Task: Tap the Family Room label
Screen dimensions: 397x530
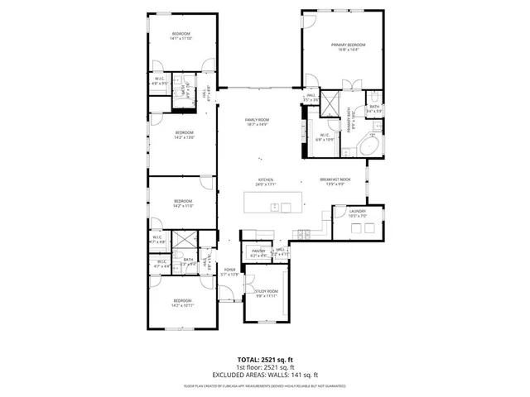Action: (x=257, y=122)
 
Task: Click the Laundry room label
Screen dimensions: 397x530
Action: (x=357, y=213)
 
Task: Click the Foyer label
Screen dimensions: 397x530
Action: (x=229, y=271)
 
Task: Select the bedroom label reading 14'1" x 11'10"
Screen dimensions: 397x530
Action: (x=181, y=36)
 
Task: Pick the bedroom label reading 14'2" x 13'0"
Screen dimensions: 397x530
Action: (x=183, y=135)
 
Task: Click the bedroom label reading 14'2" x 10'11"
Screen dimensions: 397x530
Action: (x=182, y=302)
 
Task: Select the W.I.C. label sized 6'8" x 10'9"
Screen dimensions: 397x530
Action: (x=325, y=137)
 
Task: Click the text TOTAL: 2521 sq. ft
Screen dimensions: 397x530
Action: (x=265, y=361)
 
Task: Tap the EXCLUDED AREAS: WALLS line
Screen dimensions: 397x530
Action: (x=265, y=375)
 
